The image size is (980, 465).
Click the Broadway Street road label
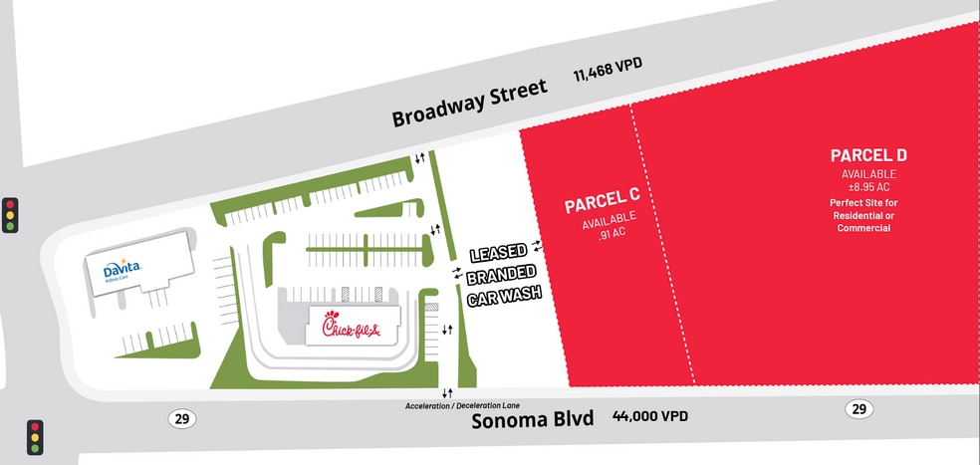[469, 103]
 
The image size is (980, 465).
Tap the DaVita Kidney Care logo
[122, 269]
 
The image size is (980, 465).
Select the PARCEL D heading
[868, 155]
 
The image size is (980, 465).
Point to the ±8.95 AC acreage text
[868, 187]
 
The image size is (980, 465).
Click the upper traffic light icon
[11, 214]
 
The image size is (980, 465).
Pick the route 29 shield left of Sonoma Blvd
[181, 418]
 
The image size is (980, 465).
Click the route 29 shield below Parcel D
[857, 408]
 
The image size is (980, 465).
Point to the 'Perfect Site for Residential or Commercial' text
[861, 215]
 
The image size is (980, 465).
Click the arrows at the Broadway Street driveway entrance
[420, 157]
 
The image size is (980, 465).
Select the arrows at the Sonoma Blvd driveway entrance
[447, 393]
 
